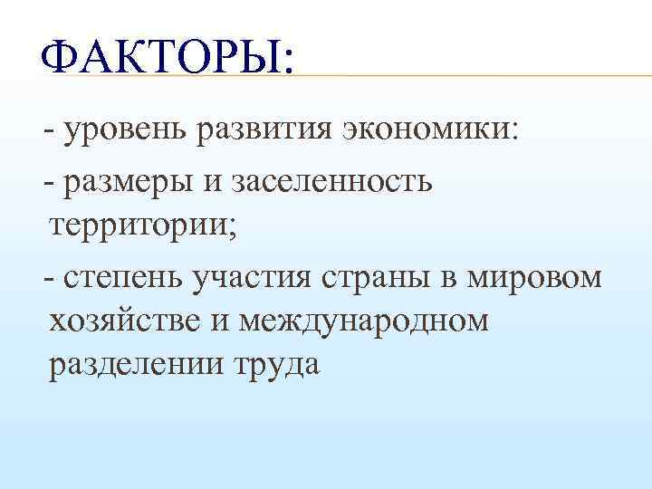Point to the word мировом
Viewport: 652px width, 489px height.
[534, 276]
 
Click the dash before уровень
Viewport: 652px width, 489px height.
[47, 133]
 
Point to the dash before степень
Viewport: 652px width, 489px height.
[47, 276]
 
